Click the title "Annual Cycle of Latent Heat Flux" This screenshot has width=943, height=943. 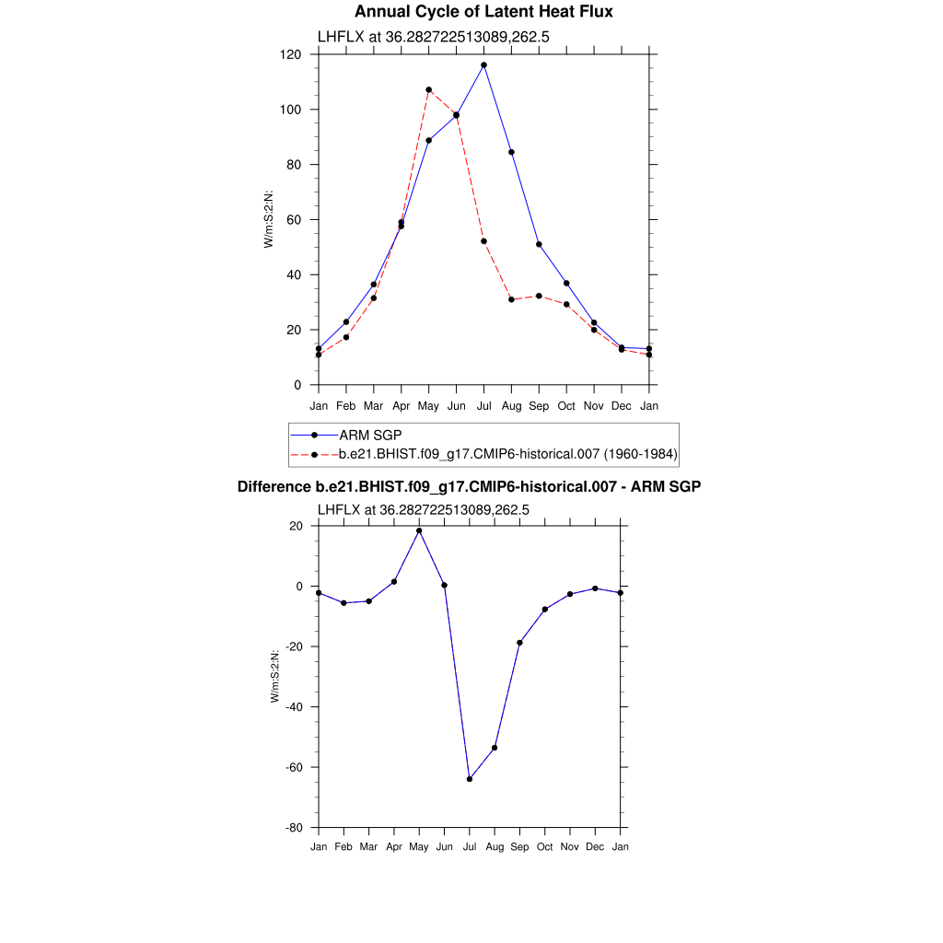coord(483,12)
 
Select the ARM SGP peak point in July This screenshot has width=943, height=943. coord(483,65)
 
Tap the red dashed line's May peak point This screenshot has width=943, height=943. coord(428,90)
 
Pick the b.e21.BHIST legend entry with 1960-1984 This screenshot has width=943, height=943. coord(507,454)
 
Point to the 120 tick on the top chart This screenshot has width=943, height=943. coord(292,54)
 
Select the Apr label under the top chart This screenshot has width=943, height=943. coord(401,405)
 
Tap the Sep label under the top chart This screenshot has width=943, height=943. coord(539,405)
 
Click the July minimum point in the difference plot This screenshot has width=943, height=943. coord(470,779)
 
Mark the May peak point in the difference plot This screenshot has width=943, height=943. coord(419,530)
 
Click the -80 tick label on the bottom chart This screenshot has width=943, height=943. coord(296,828)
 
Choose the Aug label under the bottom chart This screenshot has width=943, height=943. coord(495,846)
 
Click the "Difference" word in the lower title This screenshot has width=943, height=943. coord(268,486)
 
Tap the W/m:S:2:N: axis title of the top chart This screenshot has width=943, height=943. coord(269,220)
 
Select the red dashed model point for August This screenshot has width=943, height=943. coord(511,299)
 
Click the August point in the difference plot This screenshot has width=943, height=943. coord(495,748)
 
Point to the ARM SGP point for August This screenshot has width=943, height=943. coord(511,152)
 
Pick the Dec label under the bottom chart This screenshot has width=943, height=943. coord(595,846)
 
